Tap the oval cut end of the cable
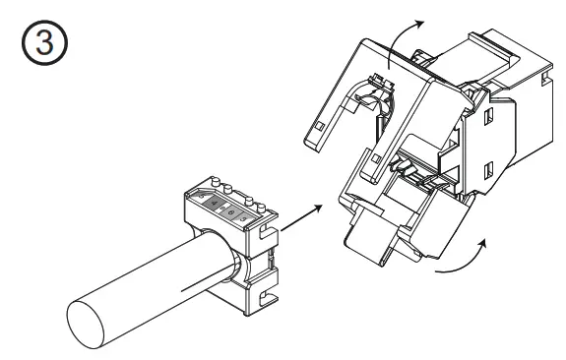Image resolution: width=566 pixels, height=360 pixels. click(x=90, y=325)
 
